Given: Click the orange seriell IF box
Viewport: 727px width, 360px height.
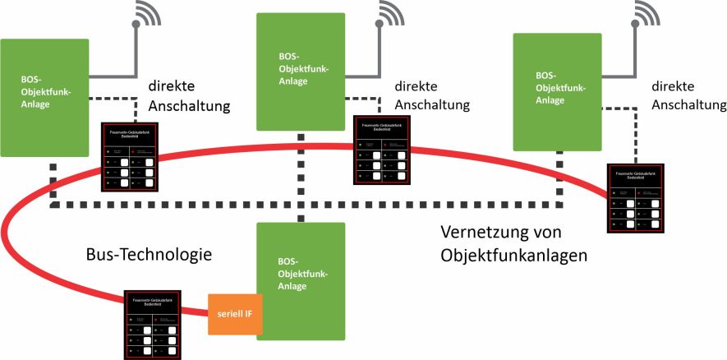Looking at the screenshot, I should [236, 314].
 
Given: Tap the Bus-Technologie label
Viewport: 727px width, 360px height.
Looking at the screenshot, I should [150, 254].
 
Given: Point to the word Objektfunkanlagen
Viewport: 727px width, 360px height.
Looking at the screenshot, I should [514, 255].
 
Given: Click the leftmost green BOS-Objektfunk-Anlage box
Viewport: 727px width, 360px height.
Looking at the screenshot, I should [44, 97].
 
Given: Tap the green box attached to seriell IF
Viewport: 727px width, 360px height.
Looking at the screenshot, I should [299, 280].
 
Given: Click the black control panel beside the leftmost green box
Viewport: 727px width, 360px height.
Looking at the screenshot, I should [127, 157].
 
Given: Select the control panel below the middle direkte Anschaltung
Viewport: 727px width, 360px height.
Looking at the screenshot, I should [380, 149].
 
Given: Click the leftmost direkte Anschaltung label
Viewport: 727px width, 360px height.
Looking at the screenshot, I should [188, 97].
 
